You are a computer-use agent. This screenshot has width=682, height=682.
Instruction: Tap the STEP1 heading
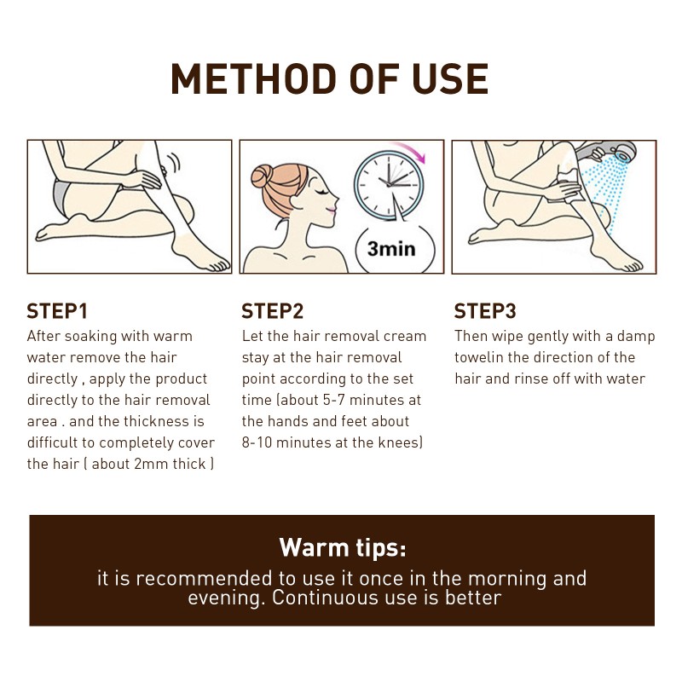tap(57, 311)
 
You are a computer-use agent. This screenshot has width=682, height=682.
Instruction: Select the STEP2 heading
tap(272, 311)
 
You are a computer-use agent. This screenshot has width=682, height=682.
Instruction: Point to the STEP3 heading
tap(485, 311)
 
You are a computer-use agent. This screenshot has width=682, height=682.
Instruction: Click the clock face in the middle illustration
tap(389, 182)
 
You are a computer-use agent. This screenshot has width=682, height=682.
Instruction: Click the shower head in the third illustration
tap(612, 154)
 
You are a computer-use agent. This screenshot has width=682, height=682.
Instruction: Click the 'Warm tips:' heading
tap(342, 546)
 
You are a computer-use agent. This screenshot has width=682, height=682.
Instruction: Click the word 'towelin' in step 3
tap(483, 357)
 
